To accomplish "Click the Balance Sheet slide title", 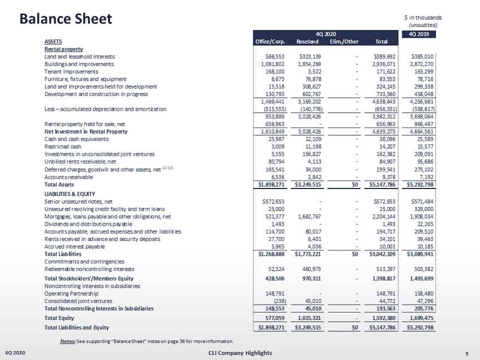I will tap(66, 19).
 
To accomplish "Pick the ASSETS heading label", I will tap(53, 41).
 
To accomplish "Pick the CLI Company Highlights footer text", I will tap(240, 353).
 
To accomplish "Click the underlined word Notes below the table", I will tap(66, 341).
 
